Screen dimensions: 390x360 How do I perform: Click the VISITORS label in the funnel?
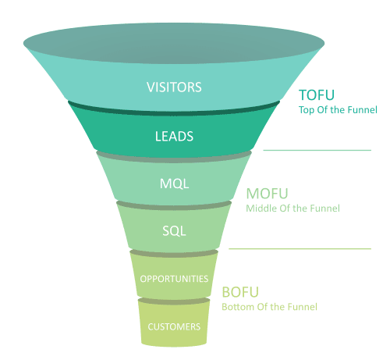point(174,87)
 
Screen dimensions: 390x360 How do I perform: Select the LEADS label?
point(174,136)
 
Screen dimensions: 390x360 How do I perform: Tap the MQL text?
point(174,184)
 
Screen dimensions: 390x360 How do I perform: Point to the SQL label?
point(174,231)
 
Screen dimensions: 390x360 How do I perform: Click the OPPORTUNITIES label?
point(174,279)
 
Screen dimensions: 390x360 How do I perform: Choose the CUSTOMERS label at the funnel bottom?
point(174,326)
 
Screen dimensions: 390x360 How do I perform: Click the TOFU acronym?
point(317,95)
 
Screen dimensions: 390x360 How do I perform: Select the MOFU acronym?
point(267,194)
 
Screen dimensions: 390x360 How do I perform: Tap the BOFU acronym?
point(240,292)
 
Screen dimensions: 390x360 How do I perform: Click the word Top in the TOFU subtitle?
point(307,110)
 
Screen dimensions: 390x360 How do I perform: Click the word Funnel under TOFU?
point(362,109)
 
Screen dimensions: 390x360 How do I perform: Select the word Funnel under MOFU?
point(325,209)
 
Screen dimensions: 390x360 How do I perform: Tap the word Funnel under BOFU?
point(303,307)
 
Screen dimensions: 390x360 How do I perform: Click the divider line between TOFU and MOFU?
point(317,150)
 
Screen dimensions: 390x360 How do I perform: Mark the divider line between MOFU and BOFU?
point(300,249)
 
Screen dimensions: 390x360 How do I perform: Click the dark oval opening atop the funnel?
point(174,43)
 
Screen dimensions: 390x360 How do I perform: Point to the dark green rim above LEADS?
point(174,112)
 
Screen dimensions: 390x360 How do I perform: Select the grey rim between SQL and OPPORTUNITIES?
point(174,255)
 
